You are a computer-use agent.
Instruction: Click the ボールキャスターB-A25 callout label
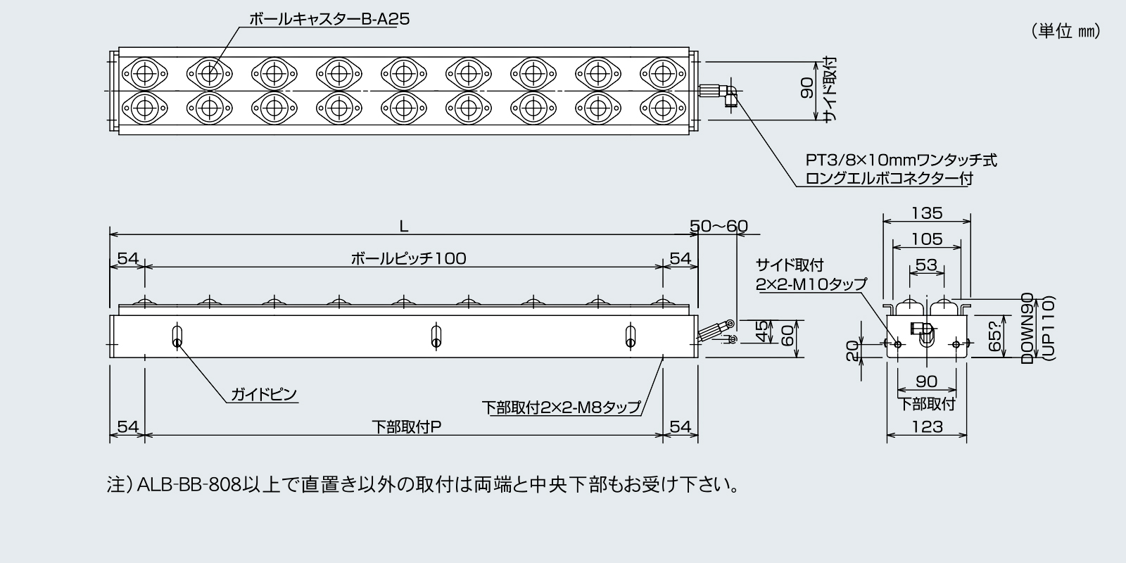pyautogui.click(x=329, y=19)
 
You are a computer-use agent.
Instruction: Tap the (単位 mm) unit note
pyautogui.click(x=1066, y=31)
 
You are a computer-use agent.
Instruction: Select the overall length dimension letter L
pyautogui.click(x=403, y=226)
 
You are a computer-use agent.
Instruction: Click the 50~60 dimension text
pyautogui.click(x=719, y=226)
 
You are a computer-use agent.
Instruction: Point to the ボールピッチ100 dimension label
pyautogui.click(x=408, y=258)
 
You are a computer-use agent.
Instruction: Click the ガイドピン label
pyautogui.click(x=264, y=394)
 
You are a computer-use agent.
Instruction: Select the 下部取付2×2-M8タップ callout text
pyautogui.click(x=562, y=407)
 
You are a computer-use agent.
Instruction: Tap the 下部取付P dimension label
pyautogui.click(x=406, y=426)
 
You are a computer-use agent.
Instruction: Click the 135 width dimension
pyautogui.click(x=926, y=213)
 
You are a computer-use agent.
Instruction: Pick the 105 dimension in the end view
pyautogui.click(x=926, y=239)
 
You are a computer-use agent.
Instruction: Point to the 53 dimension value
pyautogui.click(x=926, y=265)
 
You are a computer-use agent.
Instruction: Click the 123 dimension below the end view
pyautogui.click(x=926, y=426)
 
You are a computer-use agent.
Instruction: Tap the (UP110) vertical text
pyautogui.click(x=1048, y=329)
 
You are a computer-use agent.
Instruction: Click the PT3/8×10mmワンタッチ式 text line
pyautogui.click(x=901, y=160)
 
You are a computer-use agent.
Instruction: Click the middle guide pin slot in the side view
pyautogui.click(x=436, y=336)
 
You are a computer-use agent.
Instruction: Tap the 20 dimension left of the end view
pyautogui.click(x=852, y=350)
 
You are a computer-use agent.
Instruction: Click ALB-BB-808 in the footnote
pyautogui.click(x=184, y=485)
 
